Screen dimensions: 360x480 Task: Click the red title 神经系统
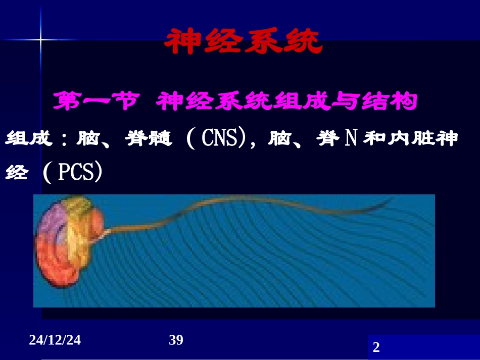pos(243,42)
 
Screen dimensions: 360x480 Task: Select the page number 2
pos(375,347)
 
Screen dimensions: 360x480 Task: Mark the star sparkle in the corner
pos(40,38)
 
